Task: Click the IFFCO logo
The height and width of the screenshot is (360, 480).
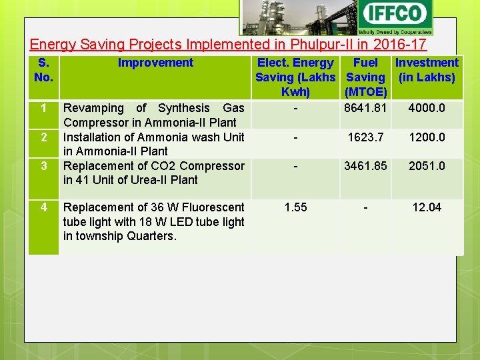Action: pyautogui.click(x=395, y=17)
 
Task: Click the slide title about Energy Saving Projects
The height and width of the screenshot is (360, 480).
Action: pyautogui.click(x=228, y=45)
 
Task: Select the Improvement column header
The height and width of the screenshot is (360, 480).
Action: pyautogui.click(x=155, y=63)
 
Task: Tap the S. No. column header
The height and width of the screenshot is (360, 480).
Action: pyautogui.click(x=43, y=69)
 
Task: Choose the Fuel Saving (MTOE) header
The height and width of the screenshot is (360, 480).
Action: pyautogui.click(x=365, y=77)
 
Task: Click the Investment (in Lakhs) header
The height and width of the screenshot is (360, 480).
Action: pyautogui.click(x=427, y=69)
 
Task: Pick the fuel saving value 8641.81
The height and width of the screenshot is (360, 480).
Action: pyautogui.click(x=365, y=108)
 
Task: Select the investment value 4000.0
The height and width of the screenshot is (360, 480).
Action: pyautogui.click(x=427, y=108)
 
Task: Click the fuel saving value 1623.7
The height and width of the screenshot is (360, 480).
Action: pyautogui.click(x=365, y=137)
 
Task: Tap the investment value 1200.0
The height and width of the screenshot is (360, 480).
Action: pyautogui.click(x=427, y=137)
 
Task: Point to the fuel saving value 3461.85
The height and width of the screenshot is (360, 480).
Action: pyautogui.click(x=365, y=166)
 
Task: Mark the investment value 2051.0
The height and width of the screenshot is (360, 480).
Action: pyautogui.click(x=427, y=166)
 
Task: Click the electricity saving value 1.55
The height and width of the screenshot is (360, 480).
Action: pyautogui.click(x=295, y=207)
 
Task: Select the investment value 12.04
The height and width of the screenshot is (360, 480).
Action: pyautogui.click(x=427, y=207)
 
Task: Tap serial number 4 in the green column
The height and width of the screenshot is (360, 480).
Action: pyautogui.click(x=43, y=207)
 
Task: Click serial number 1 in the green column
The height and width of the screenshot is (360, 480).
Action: pyautogui.click(x=43, y=108)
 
